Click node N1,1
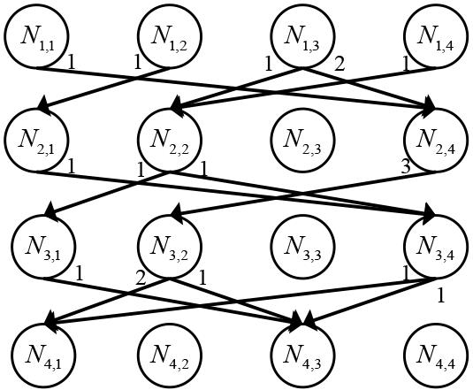[x=36, y=36]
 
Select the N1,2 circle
[x=170, y=36]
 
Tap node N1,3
[x=302, y=36]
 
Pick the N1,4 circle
[x=436, y=36]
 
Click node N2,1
[x=36, y=140]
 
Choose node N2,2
[x=170, y=140]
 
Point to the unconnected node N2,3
[x=302, y=140]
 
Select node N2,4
[x=436, y=140]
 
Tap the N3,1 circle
[x=43, y=246]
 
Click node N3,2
[x=170, y=246]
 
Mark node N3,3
[x=302, y=246]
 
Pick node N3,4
[x=436, y=246]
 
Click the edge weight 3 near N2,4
[x=406, y=166]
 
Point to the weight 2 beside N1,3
[x=339, y=65]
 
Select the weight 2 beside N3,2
[x=141, y=278]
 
